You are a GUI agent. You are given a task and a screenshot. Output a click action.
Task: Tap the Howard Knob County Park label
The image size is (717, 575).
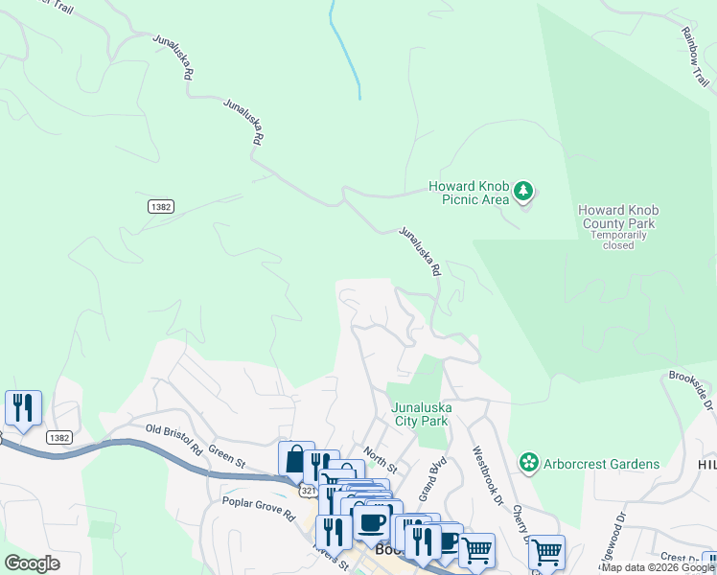point(617,217)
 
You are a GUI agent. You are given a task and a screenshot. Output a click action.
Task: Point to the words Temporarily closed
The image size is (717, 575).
point(618,240)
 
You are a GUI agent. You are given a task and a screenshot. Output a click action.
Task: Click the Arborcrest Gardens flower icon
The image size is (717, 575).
point(528,464)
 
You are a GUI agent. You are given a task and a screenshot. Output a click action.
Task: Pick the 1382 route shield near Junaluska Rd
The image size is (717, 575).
point(160,206)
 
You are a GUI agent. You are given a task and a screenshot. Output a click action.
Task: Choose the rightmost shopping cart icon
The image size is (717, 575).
point(545,551)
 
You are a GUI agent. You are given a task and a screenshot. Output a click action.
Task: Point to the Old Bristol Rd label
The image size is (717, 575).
point(173,440)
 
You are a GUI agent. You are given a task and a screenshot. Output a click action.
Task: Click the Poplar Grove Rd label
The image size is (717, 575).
point(258,508)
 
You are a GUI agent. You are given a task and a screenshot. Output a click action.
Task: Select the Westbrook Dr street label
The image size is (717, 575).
point(486,473)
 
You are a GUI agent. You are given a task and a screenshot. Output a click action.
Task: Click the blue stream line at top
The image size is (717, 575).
point(344,48)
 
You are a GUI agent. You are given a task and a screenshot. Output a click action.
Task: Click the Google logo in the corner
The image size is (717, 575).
point(33,563)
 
